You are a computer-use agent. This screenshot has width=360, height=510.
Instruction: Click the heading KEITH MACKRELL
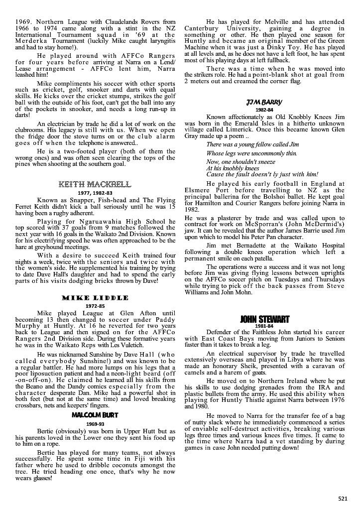[95, 185]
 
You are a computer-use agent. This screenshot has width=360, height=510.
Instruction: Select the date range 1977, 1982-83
[95, 193]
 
